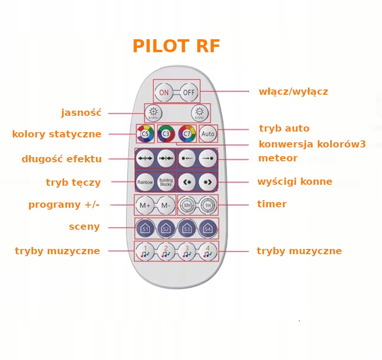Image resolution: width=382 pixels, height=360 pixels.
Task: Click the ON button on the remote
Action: pyautogui.click(x=164, y=92)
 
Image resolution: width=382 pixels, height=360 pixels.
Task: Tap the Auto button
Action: pyautogui.click(x=208, y=134)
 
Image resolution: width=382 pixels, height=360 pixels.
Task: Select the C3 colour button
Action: pyautogui.click(x=166, y=134)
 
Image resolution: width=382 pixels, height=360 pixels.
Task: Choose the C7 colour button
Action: pyautogui.click(x=187, y=134)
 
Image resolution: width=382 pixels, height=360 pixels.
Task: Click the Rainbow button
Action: pyautogui.click(x=145, y=182)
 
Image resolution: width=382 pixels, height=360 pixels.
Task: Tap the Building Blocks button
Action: pyautogui.click(x=166, y=182)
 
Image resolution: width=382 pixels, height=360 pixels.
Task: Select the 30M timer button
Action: pyautogui.click(x=187, y=205)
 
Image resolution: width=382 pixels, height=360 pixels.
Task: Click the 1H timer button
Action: pyautogui.click(x=208, y=205)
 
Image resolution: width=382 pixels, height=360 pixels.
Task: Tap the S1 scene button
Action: pyautogui.click(x=145, y=228)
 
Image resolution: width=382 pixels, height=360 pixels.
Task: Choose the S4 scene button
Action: pyautogui.click(x=208, y=228)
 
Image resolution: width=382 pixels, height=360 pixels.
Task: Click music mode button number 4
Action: pyautogui.click(x=208, y=251)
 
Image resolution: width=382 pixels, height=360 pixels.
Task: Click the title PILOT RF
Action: pyautogui.click(x=176, y=46)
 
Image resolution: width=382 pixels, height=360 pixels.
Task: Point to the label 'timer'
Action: pyautogui.click(x=272, y=204)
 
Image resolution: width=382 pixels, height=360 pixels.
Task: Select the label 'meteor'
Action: pyautogui.click(x=278, y=158)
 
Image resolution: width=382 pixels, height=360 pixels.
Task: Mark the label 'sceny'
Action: pyautogui.click(x=84, y=227)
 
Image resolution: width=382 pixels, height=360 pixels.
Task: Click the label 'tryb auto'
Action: pyautogui.click(x=284, y=129)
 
